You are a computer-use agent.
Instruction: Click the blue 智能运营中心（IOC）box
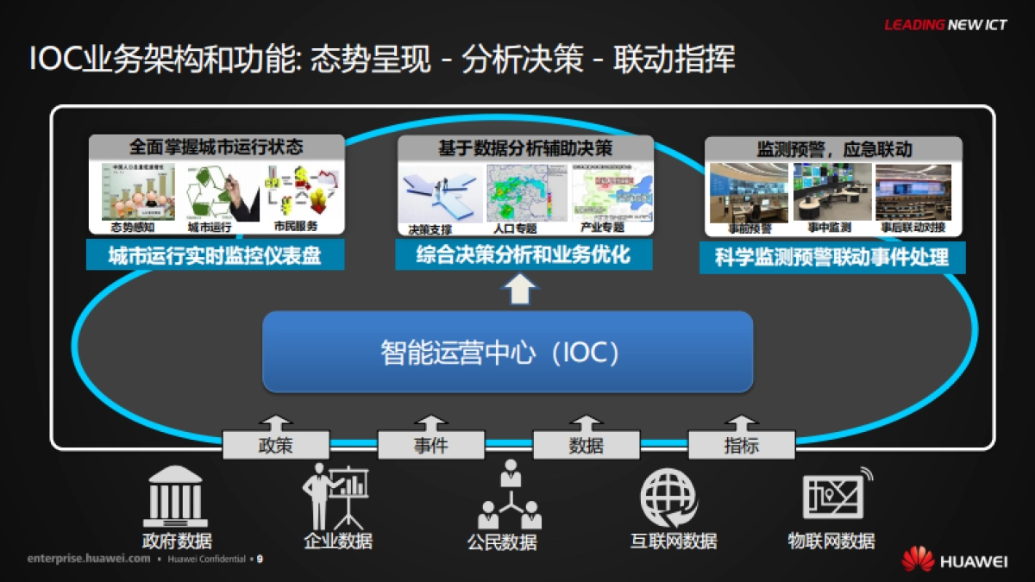click(507, 352)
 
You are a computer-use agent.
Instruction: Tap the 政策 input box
click(275, 445)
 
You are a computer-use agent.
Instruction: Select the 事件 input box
click(430, 445)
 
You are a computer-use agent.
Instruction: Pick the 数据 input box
click(586, 445)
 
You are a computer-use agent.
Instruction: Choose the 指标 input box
click(741, 445)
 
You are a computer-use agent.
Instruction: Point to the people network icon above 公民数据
click(510, 495)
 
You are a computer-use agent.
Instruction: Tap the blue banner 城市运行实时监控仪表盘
click(215, 256)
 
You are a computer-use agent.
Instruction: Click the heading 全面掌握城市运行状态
click(216, 147)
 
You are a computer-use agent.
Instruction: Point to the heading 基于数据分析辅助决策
click(524, 147)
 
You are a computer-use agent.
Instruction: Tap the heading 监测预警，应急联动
click(834, 148)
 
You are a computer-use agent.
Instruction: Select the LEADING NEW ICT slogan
click(945, 25)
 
